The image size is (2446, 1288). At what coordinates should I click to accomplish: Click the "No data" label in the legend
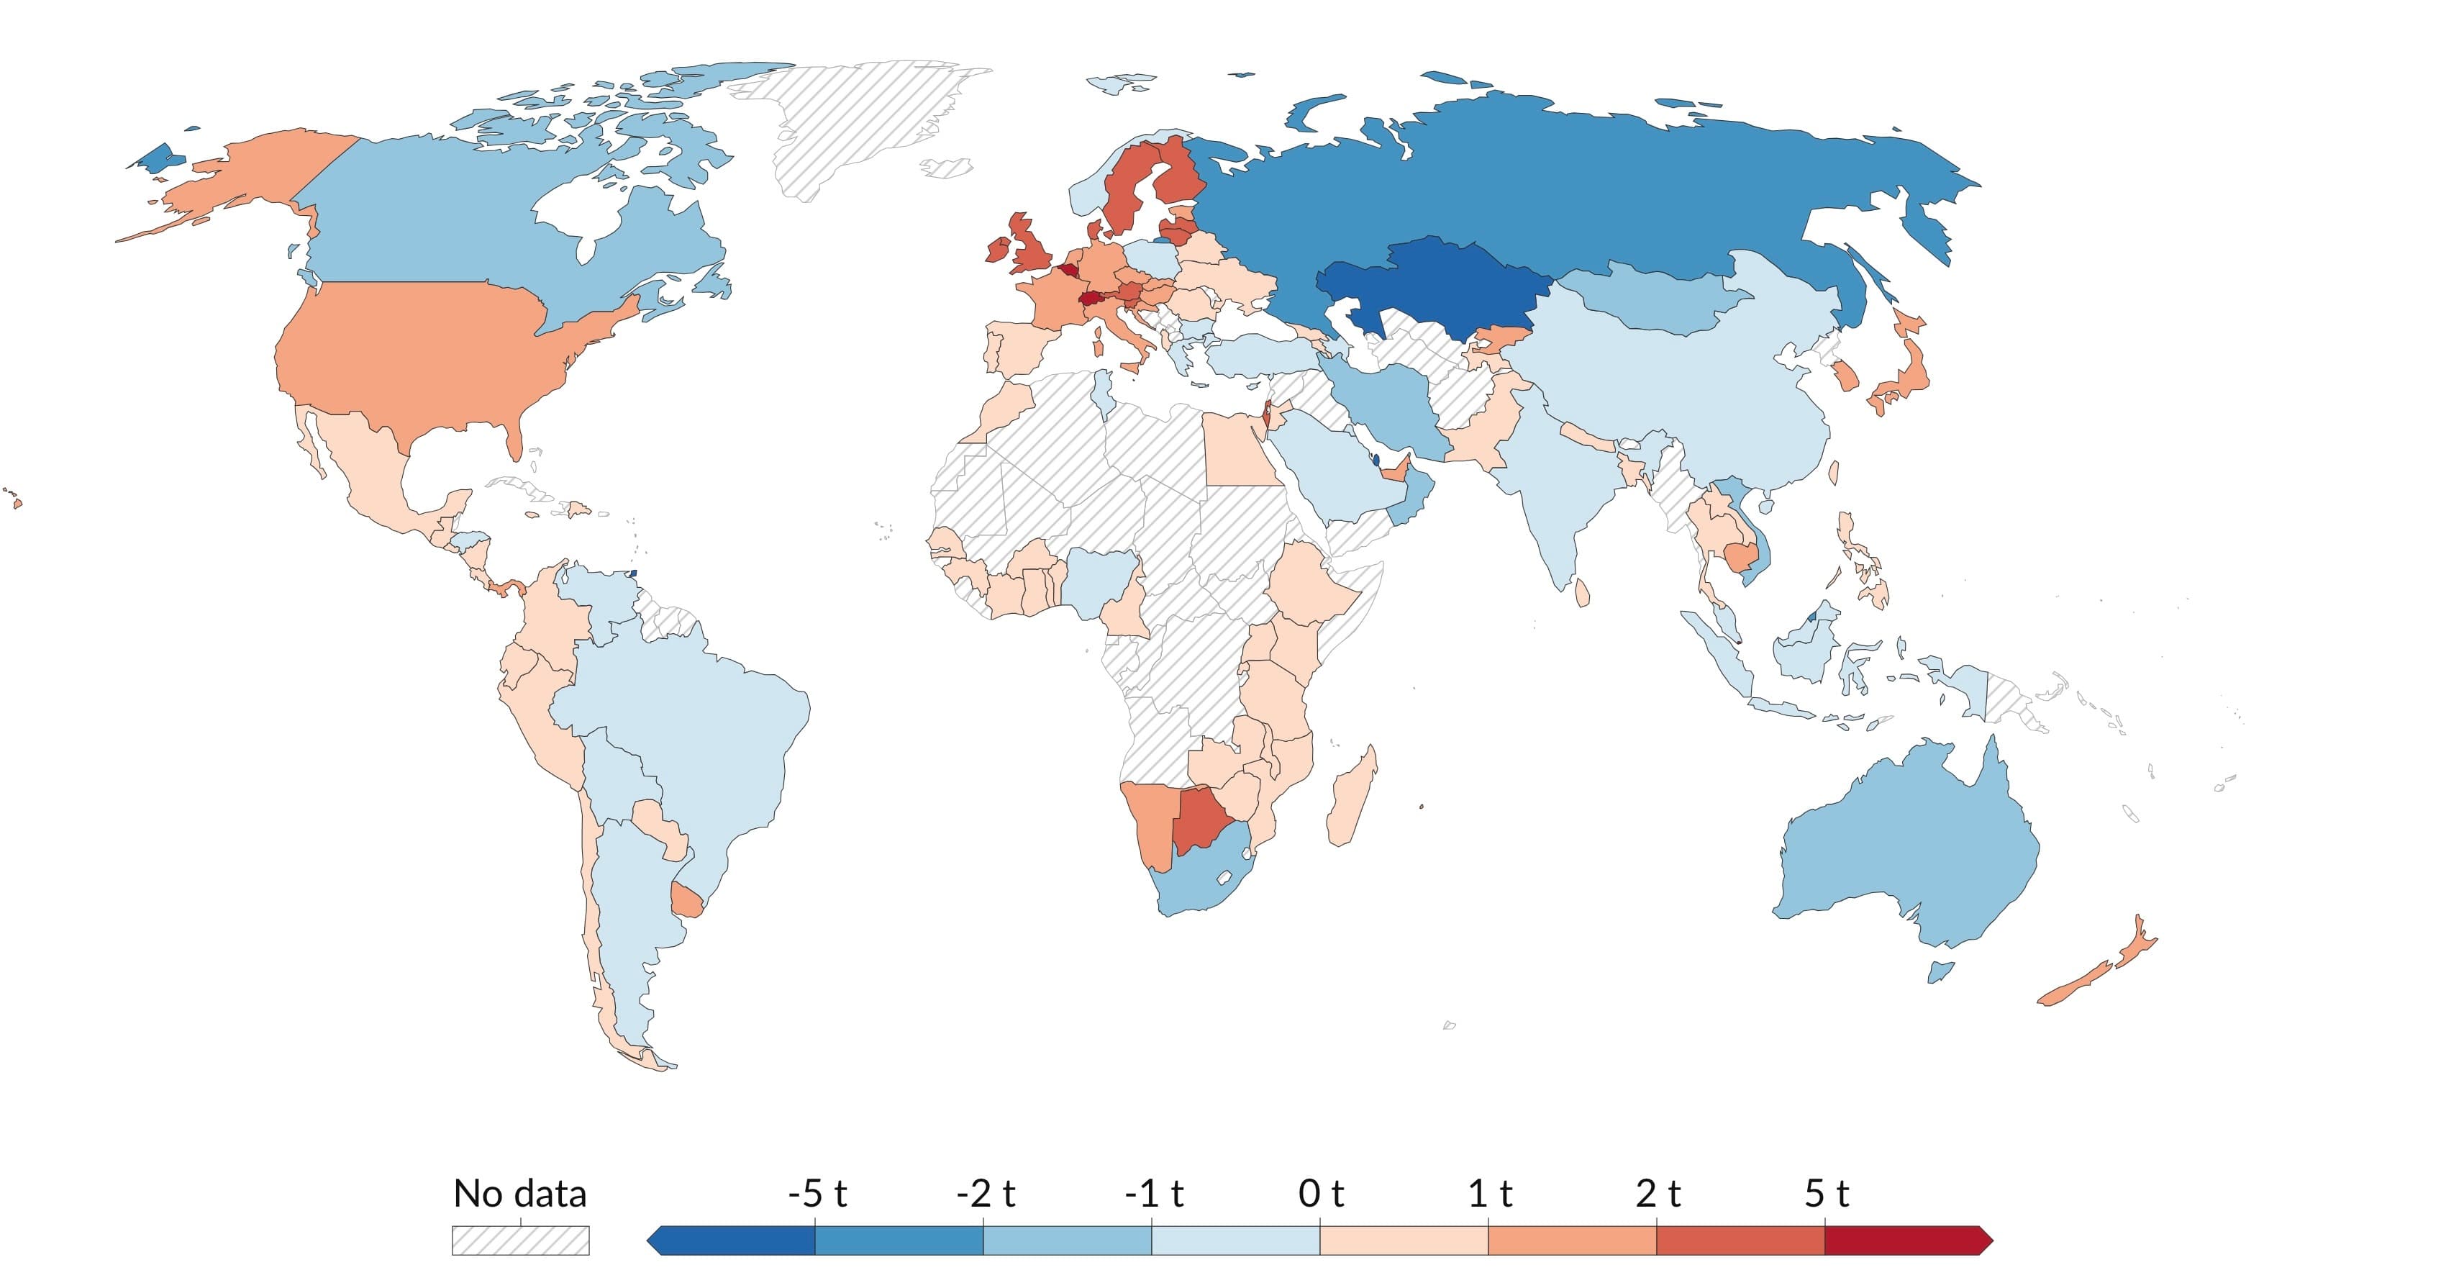519,1194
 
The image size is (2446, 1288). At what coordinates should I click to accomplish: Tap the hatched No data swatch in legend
519,1241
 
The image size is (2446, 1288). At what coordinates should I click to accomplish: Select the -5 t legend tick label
817,1194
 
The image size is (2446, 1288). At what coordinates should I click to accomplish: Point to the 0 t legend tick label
1321,1194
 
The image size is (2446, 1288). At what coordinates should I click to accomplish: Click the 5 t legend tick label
1826,1194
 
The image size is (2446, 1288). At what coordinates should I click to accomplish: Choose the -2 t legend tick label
985,1194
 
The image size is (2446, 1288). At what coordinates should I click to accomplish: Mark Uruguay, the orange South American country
686,897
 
